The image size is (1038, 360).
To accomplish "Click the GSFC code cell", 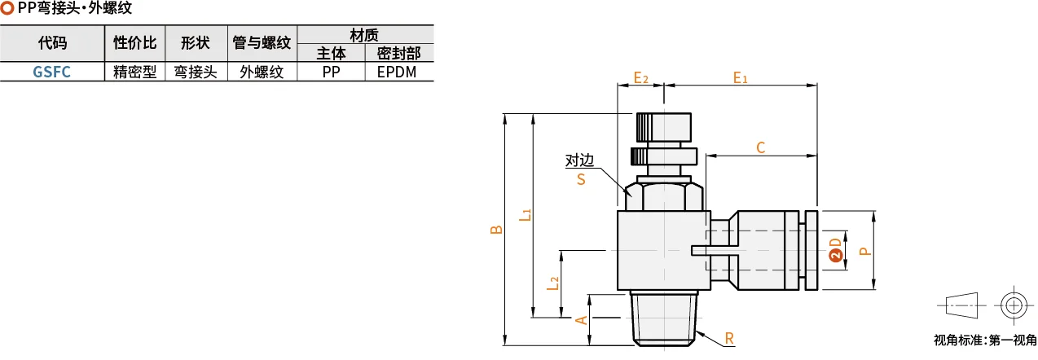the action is click(x=52, y=72).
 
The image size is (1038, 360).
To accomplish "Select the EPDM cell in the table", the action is click(x=397, y=72).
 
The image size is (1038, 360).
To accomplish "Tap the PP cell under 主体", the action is click(x=331, y=72).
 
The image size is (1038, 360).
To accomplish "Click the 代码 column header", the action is click(x=52, y=42).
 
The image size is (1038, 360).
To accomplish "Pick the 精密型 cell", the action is click(x=135, y=72).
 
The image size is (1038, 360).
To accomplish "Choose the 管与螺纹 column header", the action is click(x=262, y=42).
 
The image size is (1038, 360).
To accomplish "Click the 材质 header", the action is click(x=364, y=35).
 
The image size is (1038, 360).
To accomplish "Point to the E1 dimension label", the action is click(x=740, y=77).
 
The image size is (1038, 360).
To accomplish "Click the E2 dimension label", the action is click(x=641, y=77).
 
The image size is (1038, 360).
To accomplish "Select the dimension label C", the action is click(x=760, y=147).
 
